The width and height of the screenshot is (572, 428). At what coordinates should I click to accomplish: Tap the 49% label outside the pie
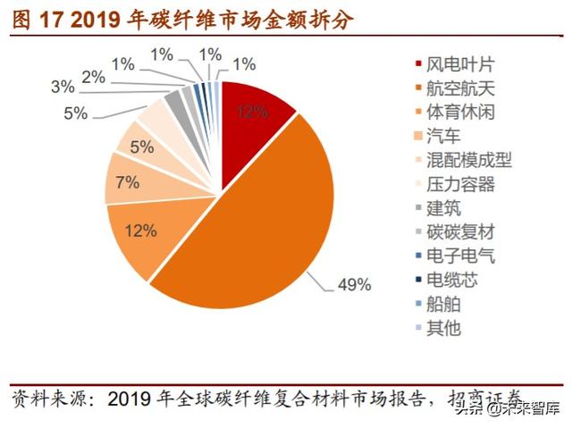pos(353,286)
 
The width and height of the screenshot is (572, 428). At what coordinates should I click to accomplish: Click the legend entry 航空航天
pos(460,89)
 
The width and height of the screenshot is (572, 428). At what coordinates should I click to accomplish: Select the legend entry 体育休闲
pos(460,113)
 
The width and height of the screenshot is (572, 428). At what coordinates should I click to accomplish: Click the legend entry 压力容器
pos(460,185)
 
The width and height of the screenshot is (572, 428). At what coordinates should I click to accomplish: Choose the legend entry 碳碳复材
pos(460,232)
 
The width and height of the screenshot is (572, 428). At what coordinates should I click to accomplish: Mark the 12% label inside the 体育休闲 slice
pos(140,231)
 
